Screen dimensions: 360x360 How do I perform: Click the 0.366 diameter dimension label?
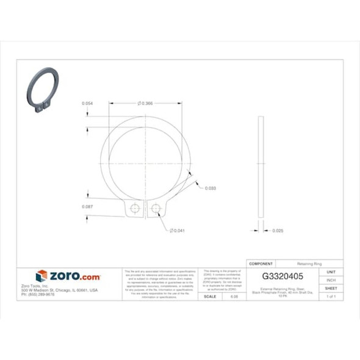(146, 104)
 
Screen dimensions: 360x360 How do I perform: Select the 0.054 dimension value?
(87, 104)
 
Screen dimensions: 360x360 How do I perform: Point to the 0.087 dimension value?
(87, 207)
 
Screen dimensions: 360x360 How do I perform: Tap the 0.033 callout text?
(210, 188)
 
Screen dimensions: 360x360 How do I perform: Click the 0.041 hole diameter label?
(177, 231)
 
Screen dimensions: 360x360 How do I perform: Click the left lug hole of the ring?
(135, 209)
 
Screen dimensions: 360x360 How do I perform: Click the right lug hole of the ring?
(156, 209)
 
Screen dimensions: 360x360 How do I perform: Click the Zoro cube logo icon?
(41, 276)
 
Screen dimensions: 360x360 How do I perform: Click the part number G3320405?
(282, 276)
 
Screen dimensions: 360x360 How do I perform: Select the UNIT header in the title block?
(331, 272)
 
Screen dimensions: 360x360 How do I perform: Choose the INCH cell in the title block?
(331, 280)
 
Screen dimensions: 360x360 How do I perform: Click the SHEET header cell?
(331, 288)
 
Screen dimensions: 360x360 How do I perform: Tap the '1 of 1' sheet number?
(331, 296)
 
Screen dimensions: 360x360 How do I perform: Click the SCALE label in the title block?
(209, 296)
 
